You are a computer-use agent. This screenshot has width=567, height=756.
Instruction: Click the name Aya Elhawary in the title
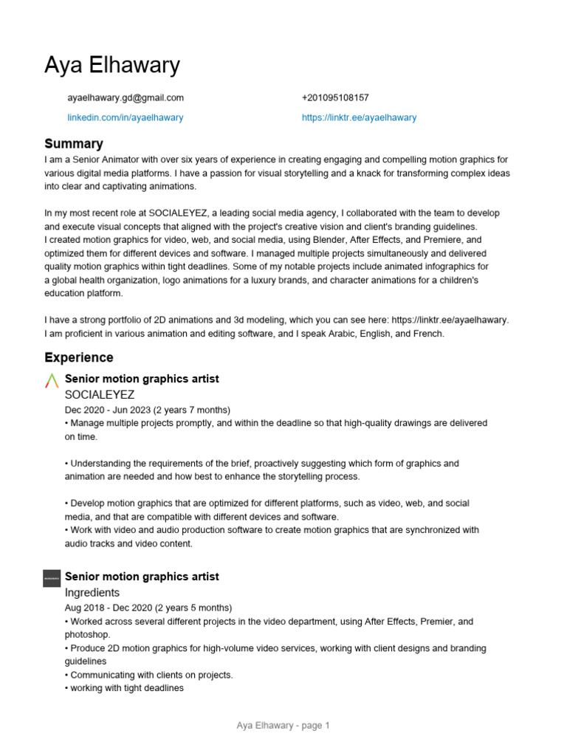coord(111,66)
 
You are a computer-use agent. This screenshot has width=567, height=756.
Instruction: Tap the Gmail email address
coord(126,97)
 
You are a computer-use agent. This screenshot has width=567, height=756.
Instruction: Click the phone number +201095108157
coord(335,97)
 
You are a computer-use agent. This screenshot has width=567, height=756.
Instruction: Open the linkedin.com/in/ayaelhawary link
coord(126,117)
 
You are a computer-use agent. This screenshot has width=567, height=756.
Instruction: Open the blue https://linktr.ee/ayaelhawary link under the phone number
coord(359,117)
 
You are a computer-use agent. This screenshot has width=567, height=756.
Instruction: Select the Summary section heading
coord(74,144)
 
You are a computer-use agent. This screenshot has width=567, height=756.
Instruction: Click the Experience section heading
coord(79,358)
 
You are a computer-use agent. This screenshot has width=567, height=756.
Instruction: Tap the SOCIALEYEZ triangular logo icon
coord(52,381)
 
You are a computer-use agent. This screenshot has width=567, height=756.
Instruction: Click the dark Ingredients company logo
coord(52,579)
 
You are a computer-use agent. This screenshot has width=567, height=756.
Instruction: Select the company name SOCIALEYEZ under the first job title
coord(100,395)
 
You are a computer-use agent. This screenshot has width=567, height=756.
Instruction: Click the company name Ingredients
coord(92,593)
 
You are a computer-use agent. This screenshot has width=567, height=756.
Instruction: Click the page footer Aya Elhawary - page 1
coord(283,726)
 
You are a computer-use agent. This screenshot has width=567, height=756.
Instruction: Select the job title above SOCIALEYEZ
coord(142,379)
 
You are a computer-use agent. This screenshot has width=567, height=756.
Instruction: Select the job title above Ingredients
coord(142,577)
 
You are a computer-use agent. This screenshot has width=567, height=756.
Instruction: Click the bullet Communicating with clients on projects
coord(148,675)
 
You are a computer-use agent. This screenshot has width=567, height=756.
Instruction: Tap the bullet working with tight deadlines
coord(124,688)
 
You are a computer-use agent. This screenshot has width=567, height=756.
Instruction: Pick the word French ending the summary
coord(428,334)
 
